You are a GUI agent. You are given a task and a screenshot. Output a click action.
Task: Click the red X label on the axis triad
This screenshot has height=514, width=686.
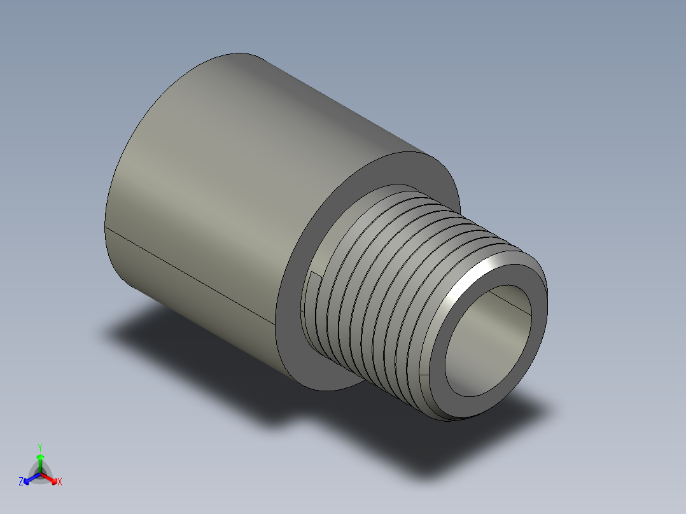click(x=60, y=482)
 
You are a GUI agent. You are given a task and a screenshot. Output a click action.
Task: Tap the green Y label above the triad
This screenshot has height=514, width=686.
click(x=40, y=447)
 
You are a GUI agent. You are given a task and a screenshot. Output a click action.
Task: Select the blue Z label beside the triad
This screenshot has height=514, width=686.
click(x=21, y=482)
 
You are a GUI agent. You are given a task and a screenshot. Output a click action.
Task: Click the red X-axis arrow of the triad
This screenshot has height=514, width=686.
click(x=51, y=478)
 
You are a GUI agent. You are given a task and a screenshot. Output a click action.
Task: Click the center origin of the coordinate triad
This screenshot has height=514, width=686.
click(x=40, y=474)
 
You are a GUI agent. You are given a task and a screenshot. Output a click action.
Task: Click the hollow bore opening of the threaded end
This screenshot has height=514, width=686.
click(x=487, y=347)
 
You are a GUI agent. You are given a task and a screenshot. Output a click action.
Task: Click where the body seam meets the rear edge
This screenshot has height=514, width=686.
click(x=105, y=226)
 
